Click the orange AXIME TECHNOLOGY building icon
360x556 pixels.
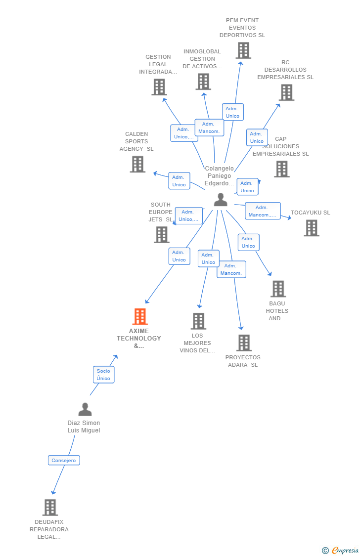(x=140, y=317)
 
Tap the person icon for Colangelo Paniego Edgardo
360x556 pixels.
(x=221, y=200)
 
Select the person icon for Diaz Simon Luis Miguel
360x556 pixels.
(x=85, y=410)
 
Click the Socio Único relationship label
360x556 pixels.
(x=103, y=375)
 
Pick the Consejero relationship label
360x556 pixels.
(x=64, y=460)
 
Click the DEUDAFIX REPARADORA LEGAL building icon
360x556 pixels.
(x=50, y=508)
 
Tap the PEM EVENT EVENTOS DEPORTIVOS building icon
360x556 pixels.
(x=243, y=50)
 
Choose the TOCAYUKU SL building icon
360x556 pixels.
(x=311, y=228)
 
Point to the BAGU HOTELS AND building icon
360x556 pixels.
(x=278, y=289)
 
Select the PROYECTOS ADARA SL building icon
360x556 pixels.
(x=243, y=343)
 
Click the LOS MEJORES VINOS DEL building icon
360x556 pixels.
(x=198, y=321)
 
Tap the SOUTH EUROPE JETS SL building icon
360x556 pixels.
(x=162, y=235)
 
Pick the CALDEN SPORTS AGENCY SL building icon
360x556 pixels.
(x=137, y=164)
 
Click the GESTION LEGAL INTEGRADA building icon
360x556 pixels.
(x=159, y=87)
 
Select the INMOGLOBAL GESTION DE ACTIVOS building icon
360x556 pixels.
(x=203, y=82)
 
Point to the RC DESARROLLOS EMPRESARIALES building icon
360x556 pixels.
(x=286, y=92)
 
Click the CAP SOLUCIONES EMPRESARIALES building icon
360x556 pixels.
(x=281, y=169)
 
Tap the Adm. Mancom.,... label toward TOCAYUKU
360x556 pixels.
(x=263, y=211)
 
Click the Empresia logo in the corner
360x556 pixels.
(x=340, y=550)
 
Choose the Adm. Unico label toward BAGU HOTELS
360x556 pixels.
(x=248, y=242)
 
